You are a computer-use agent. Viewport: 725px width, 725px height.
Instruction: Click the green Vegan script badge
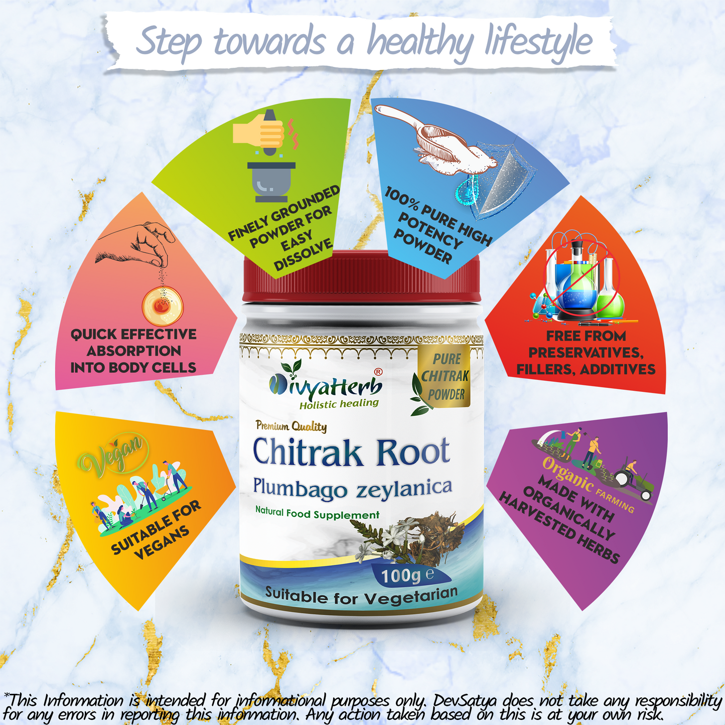click(113, 454)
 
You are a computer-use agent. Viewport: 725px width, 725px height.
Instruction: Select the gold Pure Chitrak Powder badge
click(445, 377)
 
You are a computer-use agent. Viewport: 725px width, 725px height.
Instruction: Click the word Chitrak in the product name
click(307, 452)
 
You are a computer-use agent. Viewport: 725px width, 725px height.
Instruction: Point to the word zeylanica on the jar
click(404, 488)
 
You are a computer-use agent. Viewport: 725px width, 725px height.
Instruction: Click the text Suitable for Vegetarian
click(361, 596)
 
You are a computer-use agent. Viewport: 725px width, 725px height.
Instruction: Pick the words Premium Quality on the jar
click(291, 426)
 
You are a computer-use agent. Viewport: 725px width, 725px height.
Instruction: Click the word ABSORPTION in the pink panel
click(133, 351)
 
